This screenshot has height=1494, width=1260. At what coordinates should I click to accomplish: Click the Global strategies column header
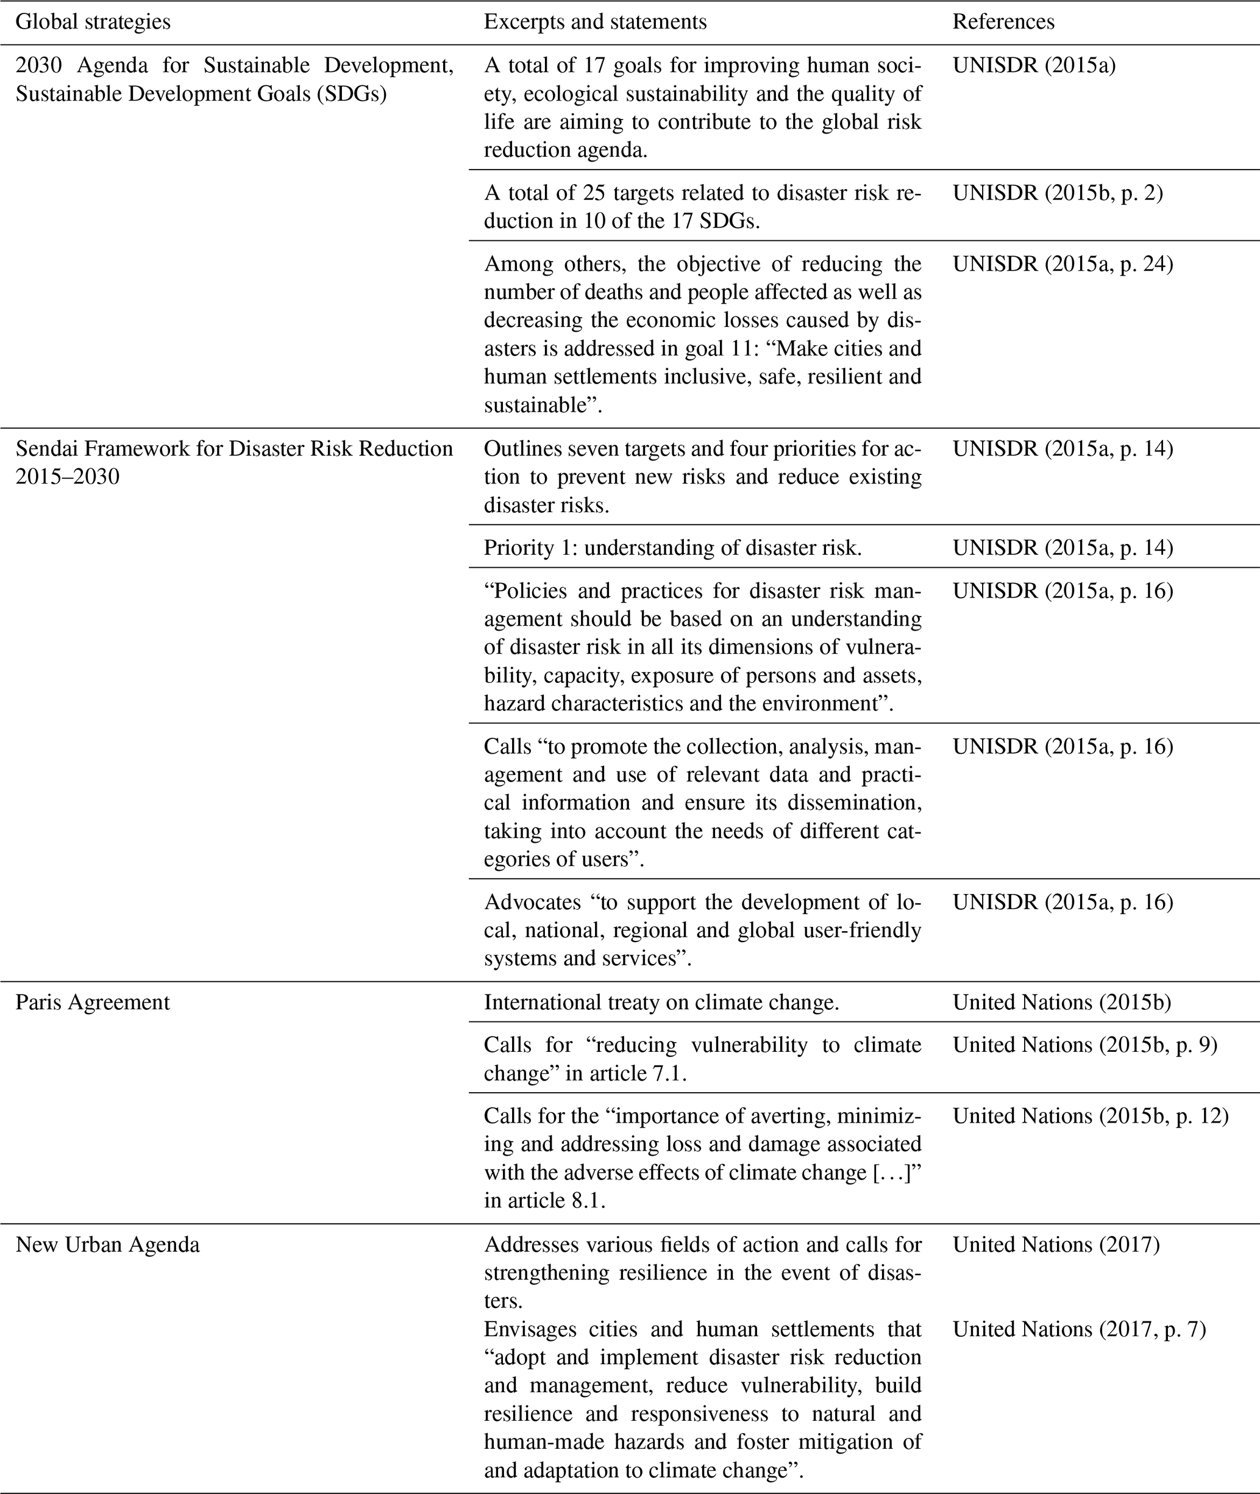[x=93, y=22]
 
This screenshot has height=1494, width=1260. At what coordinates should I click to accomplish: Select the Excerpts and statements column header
[x=595, y=22]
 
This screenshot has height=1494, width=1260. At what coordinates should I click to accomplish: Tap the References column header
[x=1003, y=22]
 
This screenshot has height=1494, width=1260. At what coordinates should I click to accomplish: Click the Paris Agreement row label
[x=93, y=1003]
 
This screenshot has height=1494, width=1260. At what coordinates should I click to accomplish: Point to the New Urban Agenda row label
[x=107, y=1245]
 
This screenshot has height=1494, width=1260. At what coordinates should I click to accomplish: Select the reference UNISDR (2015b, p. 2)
[x=1058, y=193]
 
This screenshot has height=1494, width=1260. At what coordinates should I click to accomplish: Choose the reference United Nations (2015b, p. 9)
[x=1084, y=1045]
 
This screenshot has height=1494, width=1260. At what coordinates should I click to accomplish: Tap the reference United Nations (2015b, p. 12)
[x=1090, y=1115]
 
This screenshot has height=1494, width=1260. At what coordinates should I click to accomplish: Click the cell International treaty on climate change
[x=661, y=1003]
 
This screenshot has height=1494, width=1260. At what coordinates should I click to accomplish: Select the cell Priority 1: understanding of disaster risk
[x=673, y=548]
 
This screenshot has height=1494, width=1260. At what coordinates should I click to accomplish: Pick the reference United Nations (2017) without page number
[x=1056, y=1245]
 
